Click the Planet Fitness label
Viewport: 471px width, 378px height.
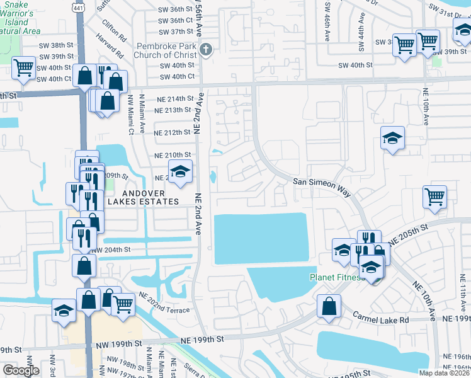pyautogui.click(x=337, y=277)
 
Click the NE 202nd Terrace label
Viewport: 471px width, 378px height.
pyautogui.click(x=164, y=307)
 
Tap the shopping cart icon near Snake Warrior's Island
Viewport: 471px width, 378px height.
pyautogui.click(x=24, y=67)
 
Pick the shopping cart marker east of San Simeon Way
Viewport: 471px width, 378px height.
pyautogui.click(x=435, y=197)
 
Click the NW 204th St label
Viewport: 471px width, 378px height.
pyautogui.click(x=111, y=250)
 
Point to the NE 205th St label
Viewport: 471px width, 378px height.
pyautogui.click(x=407, y=233)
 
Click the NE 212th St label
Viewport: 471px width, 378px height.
pyautogui.click(x=173, y=132)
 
